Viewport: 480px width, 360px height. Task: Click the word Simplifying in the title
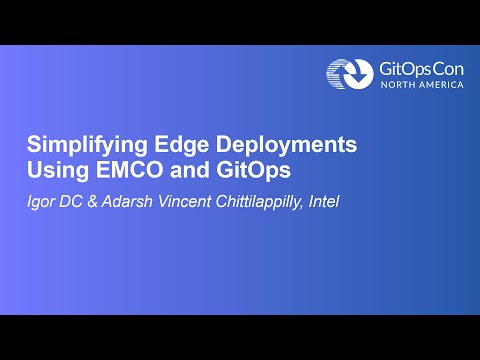[x=87, y=145]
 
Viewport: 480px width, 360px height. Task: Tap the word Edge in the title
[x=181, y=145]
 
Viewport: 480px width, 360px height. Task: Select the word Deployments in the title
[x=286, y=145]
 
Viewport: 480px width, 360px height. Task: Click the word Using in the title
[x=58, y=170]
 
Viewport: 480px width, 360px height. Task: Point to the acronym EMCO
[x=129, y=170]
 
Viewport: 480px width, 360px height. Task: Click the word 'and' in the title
[x=190, y=170]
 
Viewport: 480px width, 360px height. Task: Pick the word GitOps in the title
[x=253, y=170]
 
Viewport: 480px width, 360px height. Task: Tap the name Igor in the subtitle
[x=41, y=202]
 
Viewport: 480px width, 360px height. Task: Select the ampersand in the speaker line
[x=92, y=201]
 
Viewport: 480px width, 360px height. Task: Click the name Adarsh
[x=127, y=201]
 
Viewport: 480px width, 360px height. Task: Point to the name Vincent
[x=184, y=201]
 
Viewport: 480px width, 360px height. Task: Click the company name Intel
[x=324, y=201]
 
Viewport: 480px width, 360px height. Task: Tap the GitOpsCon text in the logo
[x=421, y=70]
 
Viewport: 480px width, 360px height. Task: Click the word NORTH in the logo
[x=398, y=85]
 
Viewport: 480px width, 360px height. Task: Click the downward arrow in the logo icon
[x=358, y=72]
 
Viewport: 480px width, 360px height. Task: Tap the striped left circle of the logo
[x=334, y=74]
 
